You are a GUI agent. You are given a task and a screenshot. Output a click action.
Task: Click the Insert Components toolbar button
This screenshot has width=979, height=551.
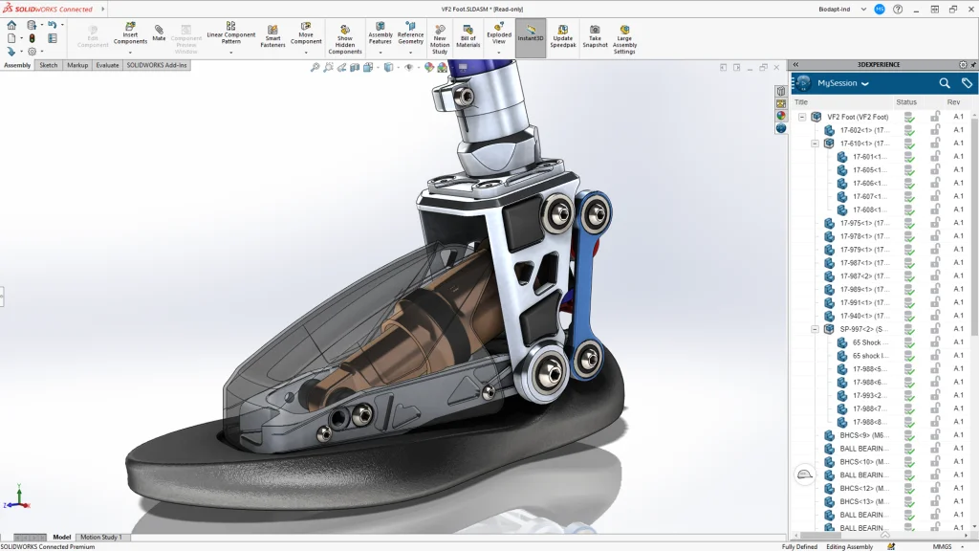(x=130, y=36)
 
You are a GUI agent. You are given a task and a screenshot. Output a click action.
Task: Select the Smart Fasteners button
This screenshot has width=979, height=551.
(x=272, y=36)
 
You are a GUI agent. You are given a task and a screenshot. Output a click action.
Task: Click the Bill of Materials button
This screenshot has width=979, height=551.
(x=468, y=36)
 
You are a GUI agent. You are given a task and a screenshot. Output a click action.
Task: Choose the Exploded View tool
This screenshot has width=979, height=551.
(x=499, y=36)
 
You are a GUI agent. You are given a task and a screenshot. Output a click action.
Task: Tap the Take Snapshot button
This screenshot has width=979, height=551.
(x=595, y=36)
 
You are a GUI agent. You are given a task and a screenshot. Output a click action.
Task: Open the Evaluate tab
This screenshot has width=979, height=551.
(x=107, y=65)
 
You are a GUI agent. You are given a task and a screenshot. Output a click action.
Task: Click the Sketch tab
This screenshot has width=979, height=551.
(x=48, y=65)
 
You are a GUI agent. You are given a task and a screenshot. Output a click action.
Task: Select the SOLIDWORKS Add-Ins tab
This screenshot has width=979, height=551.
(x=156, y=65)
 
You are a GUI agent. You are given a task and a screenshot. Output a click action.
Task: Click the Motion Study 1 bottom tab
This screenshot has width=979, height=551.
(x=101, y=537)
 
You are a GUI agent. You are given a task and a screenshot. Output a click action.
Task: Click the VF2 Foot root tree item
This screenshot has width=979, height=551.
(x=858, y=117)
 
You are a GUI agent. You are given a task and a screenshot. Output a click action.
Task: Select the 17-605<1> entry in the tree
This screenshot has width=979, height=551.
(x=869, y=170)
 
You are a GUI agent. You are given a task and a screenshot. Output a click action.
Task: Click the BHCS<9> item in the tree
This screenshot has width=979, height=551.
(x=863, y=435)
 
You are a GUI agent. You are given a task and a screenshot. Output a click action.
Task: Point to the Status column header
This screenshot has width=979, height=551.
(x=905, y=102)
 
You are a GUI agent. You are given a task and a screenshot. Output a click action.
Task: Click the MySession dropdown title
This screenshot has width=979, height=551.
(x=842, y=83)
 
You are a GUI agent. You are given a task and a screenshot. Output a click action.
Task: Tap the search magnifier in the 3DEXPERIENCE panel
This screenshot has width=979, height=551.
(x=945, y=83)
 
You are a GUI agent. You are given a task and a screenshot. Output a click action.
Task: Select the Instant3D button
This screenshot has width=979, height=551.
(x=531, y=36)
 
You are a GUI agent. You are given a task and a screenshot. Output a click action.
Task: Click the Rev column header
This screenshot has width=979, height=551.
(x=953, y=102)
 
